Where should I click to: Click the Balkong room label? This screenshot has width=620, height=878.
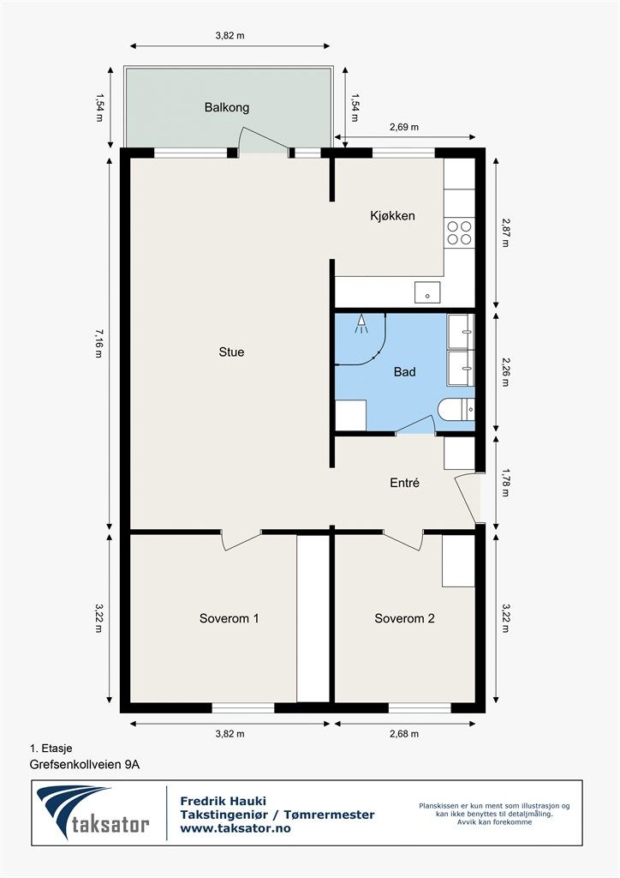click(226, 107)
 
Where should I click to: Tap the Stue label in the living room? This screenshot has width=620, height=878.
click(231, 352)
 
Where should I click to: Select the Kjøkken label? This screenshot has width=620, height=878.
click(392, 215)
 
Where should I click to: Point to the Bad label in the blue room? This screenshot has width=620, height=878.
click(405, 372)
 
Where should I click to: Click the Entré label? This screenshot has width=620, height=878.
click(405, 483)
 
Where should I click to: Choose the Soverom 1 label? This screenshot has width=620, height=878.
click(230, 619)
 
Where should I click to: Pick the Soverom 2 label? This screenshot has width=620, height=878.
click(405, 619)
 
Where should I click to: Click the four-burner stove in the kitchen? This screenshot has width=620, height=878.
click(459, 233)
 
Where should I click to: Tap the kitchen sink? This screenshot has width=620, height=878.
click(427, 292)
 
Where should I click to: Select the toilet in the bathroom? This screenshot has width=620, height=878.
click(456, 410)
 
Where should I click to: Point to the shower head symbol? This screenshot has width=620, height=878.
click(361, 324)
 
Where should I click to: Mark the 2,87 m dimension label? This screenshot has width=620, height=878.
click(505, 233)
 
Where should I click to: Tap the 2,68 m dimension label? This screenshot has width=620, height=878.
click(404, 734)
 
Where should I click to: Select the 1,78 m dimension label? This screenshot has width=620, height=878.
click(505, 483)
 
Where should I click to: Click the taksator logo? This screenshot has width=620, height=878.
click(92, 813)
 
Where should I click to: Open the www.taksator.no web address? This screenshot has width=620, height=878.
click(235, 828)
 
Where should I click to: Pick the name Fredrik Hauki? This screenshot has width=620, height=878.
click(223, 802)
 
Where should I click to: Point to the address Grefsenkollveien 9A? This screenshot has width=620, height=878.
click(85, 764)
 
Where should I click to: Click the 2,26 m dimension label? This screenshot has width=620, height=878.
click(505, 372)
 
